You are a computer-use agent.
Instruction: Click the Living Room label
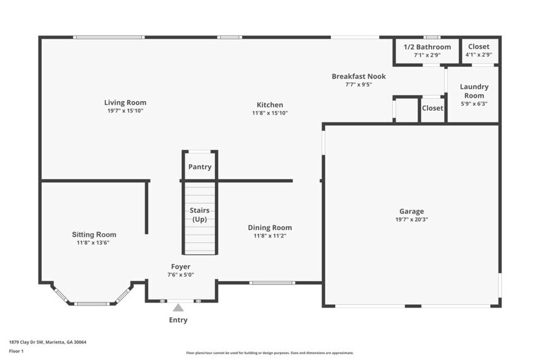(125, 103)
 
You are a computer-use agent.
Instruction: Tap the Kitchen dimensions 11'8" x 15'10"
(269, 113)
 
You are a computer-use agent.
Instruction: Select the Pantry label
(200, 167)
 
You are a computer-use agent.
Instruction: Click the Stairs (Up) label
(200, 215)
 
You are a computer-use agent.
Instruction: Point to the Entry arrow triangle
(178, 307)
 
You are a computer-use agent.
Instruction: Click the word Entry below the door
(178, 320)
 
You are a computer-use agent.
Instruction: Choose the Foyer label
(181, 267)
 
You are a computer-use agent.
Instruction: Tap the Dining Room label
(269, 228)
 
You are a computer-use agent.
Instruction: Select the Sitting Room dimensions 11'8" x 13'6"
(94, 243)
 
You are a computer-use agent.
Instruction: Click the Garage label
(411, 212)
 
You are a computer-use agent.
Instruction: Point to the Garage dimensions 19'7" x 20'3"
(411, 220)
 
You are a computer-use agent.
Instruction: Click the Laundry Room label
(474, 91)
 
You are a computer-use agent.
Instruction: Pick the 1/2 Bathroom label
(427, 47)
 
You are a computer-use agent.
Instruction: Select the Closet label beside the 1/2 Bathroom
(479, 47)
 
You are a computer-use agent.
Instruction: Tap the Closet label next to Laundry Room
(432, 108)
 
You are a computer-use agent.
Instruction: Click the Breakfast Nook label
(359, 77)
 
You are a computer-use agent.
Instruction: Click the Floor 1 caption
(17, 351)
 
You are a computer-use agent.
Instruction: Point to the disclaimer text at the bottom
(269, 353)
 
